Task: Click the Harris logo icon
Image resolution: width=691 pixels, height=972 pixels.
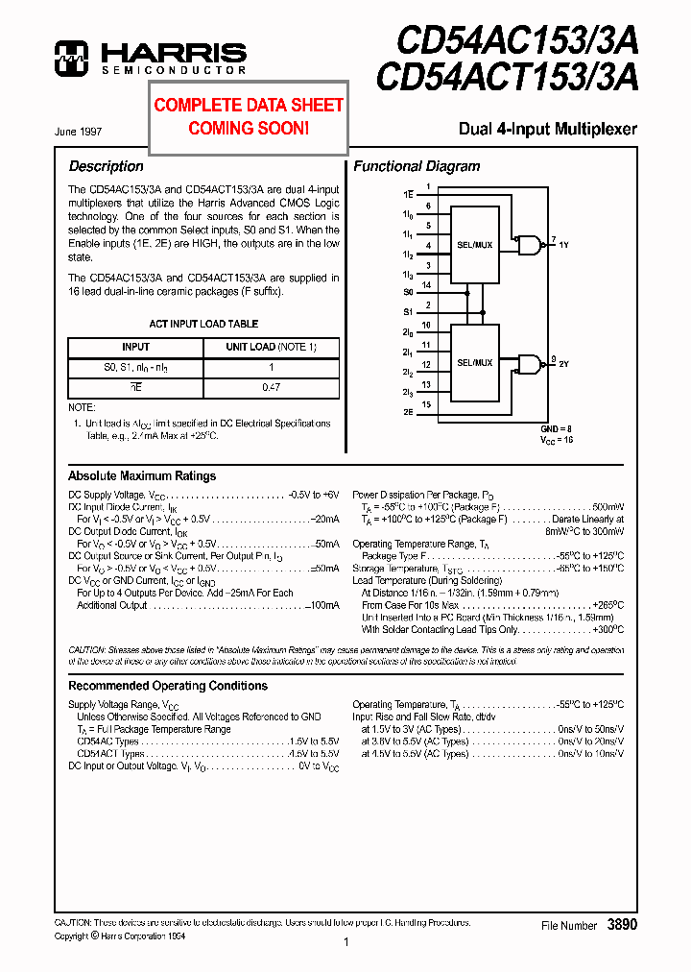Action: [x=71, y=58]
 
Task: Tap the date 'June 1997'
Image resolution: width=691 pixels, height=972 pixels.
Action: [x=79, y=131]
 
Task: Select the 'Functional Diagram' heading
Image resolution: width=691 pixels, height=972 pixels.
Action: [x=417, y=166]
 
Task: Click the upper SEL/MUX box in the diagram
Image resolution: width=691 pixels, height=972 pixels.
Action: [x=474, y=245]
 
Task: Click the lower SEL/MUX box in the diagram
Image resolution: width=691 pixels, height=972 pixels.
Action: [x=474, y=362]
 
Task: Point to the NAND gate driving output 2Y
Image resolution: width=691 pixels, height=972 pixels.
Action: [x=528, y=364]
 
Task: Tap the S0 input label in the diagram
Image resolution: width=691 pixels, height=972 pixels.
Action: [x=408, y=291]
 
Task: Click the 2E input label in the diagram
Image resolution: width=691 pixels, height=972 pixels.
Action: [x=408, y=411]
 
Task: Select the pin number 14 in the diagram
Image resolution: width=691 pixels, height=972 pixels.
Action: [x=427, y=285]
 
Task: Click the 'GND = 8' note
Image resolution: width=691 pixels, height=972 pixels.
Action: [x=556, y=427]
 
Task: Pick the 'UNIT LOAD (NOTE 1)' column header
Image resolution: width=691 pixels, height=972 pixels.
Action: [x=271, y=347]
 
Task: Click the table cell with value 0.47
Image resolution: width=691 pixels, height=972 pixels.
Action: [x=271, y=387]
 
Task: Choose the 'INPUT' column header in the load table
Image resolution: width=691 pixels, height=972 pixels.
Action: [x=135, y=347]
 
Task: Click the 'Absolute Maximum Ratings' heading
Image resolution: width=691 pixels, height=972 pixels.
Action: [x=142, y=475]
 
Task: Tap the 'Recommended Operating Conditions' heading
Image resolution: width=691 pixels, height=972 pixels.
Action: [x=168, y=686]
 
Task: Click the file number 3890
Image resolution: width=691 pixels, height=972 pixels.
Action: [x=622, y=924]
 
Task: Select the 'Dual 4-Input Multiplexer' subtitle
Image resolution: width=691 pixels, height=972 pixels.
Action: [x=547, y=129]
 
